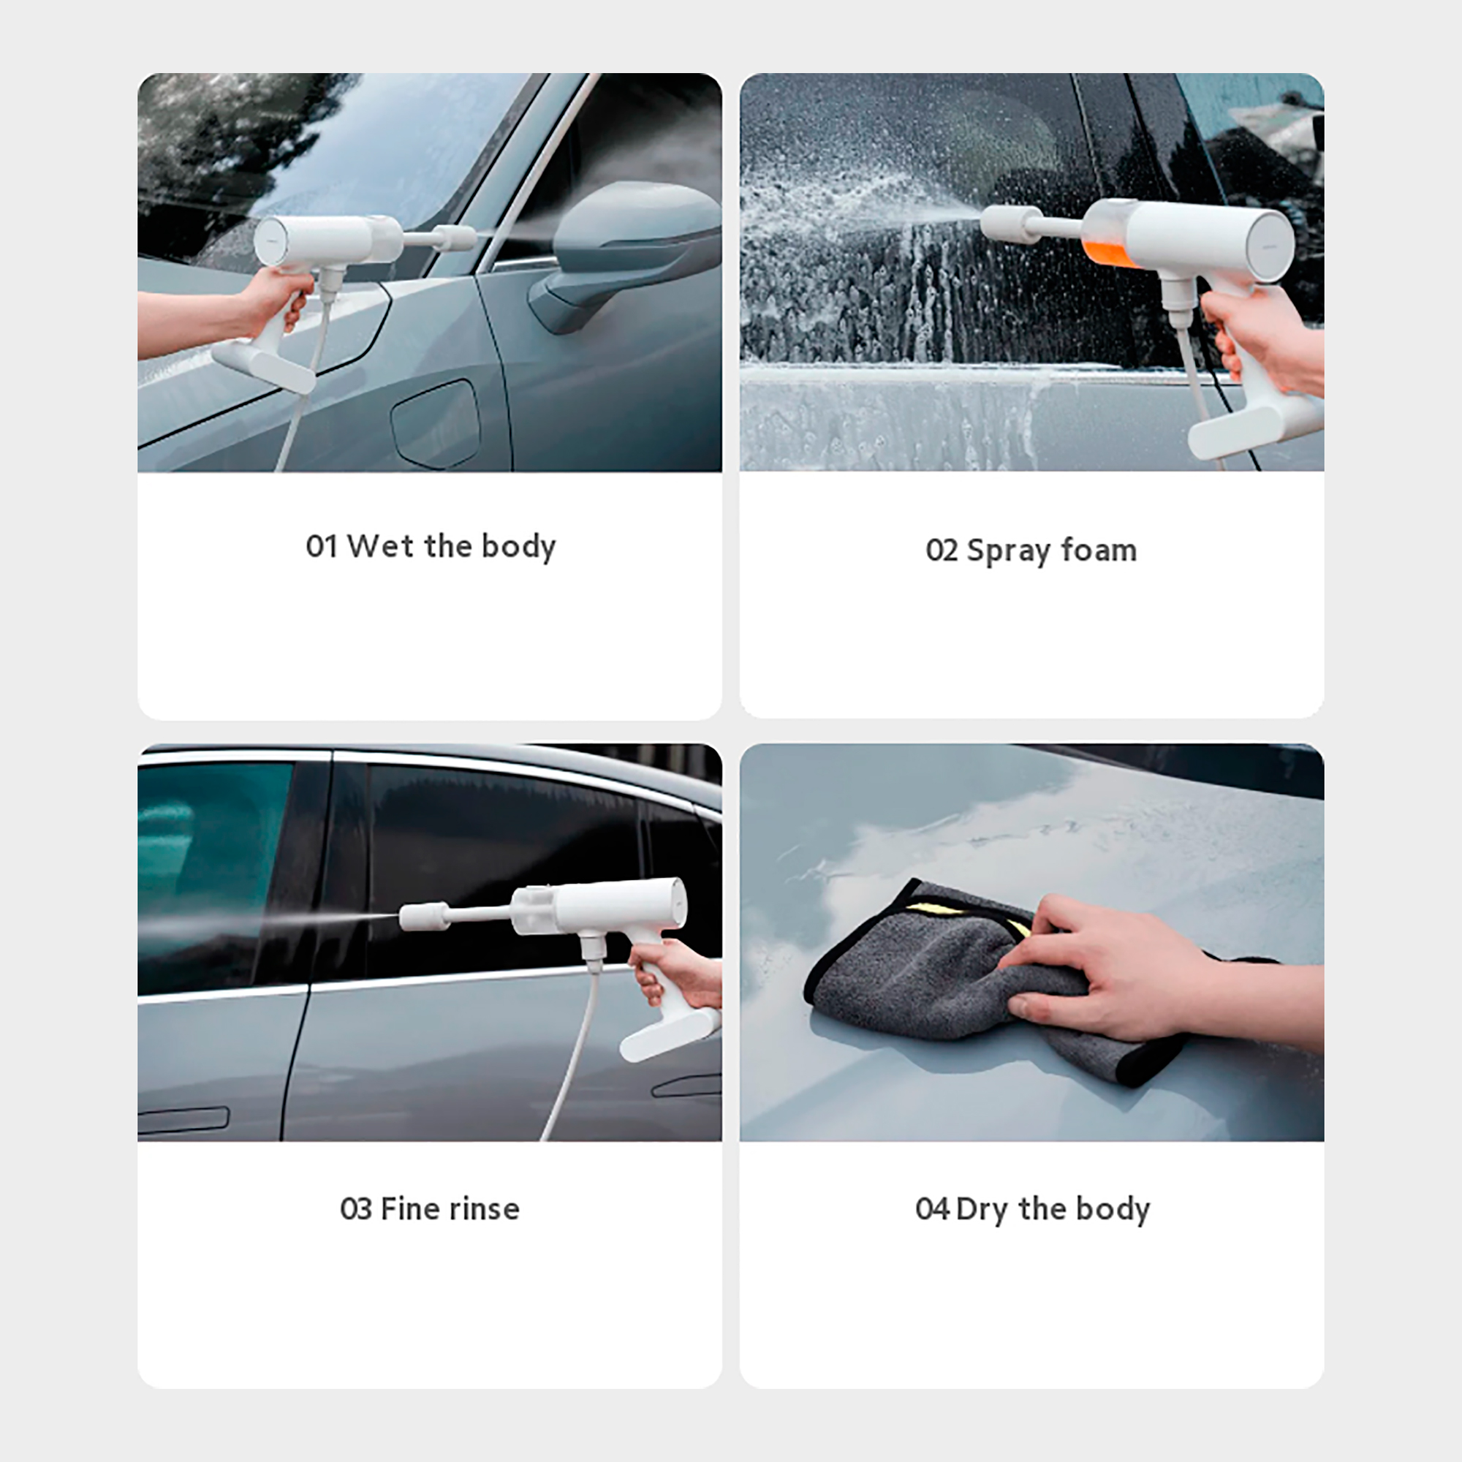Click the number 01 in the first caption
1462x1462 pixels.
pyautogui.click(x=321, y=545)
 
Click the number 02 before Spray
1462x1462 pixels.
pyautogui.click(x=942, y=550)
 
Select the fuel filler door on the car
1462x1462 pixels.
pyautogui.click(x=436, y=424)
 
